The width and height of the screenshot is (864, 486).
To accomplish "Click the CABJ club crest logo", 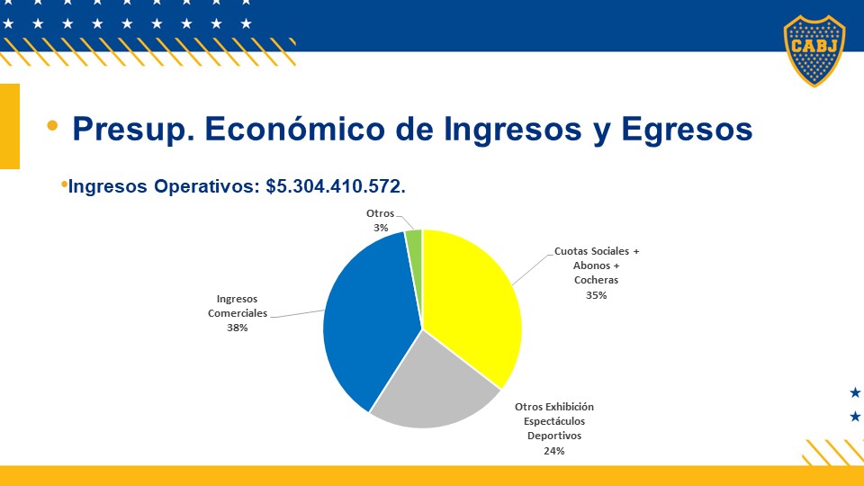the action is (814, 50).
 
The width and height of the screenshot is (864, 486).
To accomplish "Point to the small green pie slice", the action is (414, 248).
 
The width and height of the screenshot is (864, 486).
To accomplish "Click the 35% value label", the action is (596, 295).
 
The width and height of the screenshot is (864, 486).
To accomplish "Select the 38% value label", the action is (238, 328).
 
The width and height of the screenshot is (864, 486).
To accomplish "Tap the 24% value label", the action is (554, 451).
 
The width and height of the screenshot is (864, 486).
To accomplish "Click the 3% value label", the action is (381, 228).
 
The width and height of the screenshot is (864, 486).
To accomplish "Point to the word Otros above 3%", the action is (380, 213).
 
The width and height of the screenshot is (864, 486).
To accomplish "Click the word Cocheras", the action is (596, 280).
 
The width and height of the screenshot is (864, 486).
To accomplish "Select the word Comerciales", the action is (238, 313).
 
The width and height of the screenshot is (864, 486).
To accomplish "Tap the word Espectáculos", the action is (554, 421).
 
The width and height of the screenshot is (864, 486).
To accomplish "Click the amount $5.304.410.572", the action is (336, 186).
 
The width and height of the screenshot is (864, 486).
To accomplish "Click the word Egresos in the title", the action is (687, 130).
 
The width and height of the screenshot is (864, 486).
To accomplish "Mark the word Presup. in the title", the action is (133, 130).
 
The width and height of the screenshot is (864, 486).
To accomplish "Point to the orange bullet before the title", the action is (52, 126).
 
